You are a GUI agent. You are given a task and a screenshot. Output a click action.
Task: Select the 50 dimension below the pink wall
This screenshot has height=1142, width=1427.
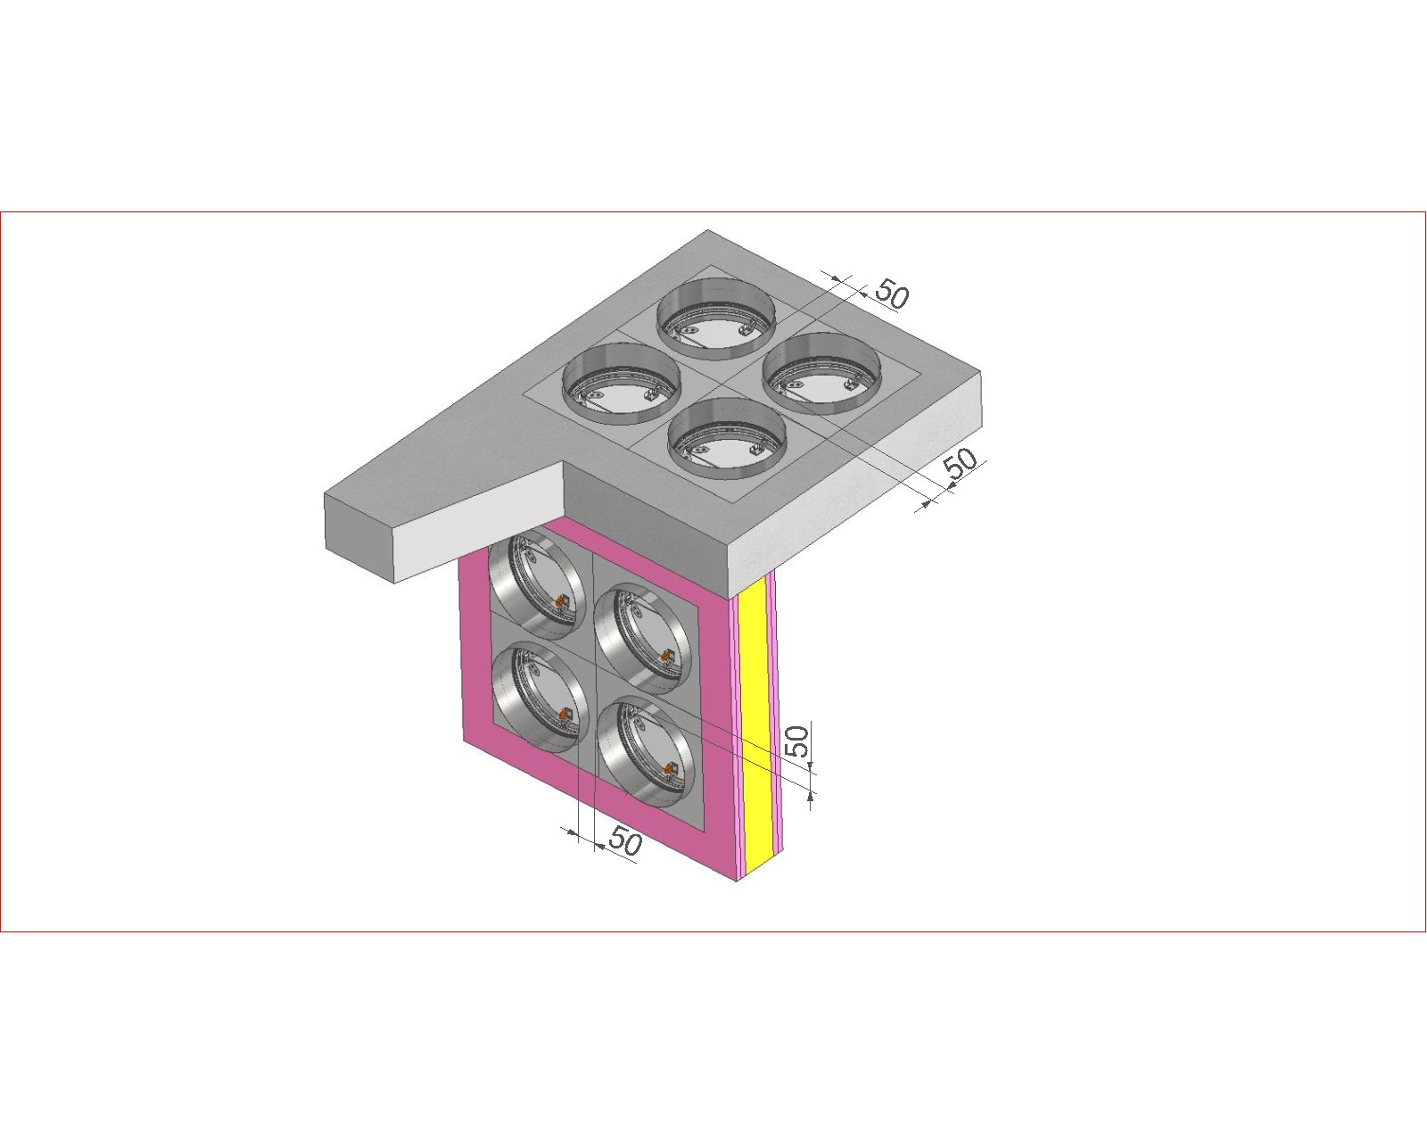625,840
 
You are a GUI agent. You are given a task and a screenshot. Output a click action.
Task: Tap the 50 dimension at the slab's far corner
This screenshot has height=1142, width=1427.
893,294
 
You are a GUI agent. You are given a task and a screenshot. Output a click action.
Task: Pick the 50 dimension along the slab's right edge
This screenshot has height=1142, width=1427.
961,463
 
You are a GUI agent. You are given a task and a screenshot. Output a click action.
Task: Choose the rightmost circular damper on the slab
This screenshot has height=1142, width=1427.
822,374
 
